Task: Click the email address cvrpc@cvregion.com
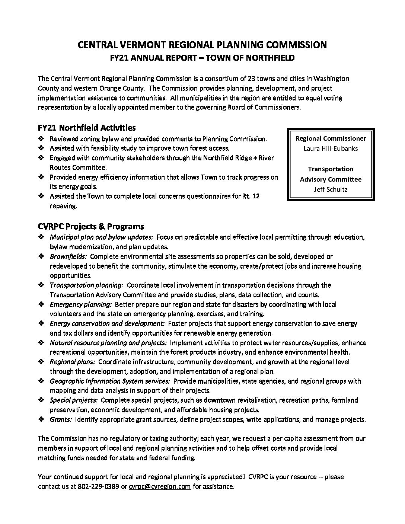[x=160, y=486]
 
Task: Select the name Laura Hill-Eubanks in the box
[x=331, y=148]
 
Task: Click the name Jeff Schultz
[x=331, y=189]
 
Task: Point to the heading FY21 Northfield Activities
[x=87, y=128]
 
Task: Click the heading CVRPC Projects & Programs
[x=91, y=227]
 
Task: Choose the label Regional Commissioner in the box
[x=331, y=138]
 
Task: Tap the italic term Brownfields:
[x=68, y=256]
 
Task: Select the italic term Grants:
[x=61, y=419]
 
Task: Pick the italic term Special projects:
[x=74, y=400]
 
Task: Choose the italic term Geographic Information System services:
[x=110, y=381]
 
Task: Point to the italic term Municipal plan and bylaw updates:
[x=101, y=237]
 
